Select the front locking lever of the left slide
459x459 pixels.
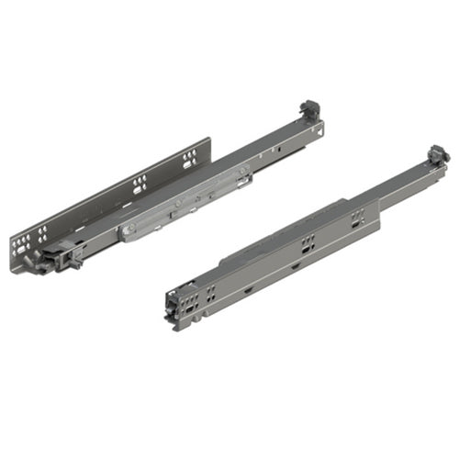(66, 260)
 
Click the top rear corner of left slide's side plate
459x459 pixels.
(209, 140)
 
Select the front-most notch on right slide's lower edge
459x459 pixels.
(249, 292)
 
